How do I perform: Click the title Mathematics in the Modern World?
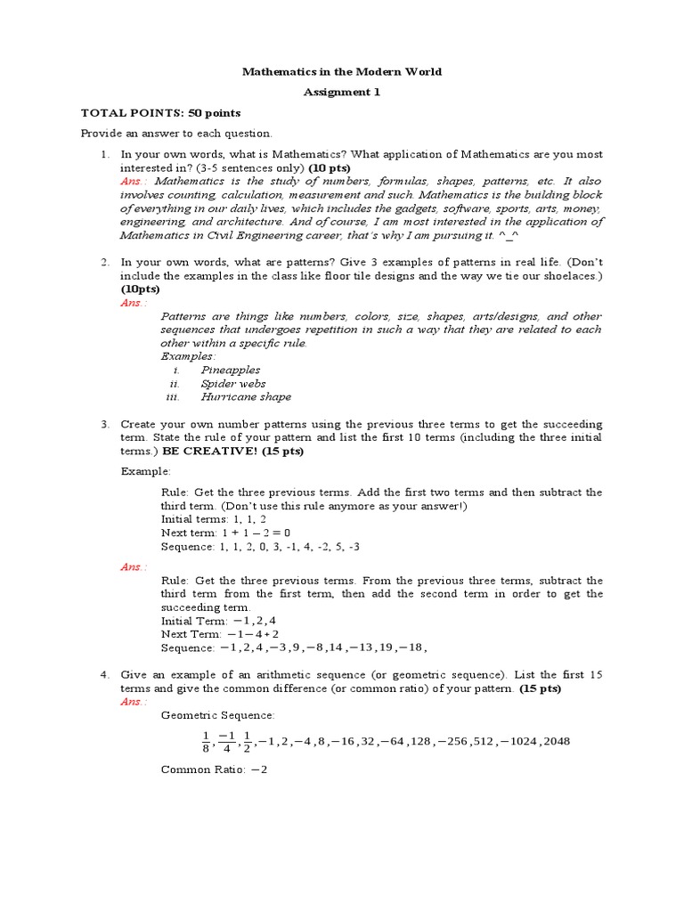(343, 71)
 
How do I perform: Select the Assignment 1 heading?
(343, 92)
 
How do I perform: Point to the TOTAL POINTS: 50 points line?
(160, 113)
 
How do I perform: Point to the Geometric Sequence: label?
(218, 715)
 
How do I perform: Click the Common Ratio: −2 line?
(214, 769)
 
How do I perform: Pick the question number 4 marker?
(104, 675)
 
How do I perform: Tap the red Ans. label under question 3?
(134, 566)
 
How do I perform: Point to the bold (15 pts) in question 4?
(541, 688)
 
